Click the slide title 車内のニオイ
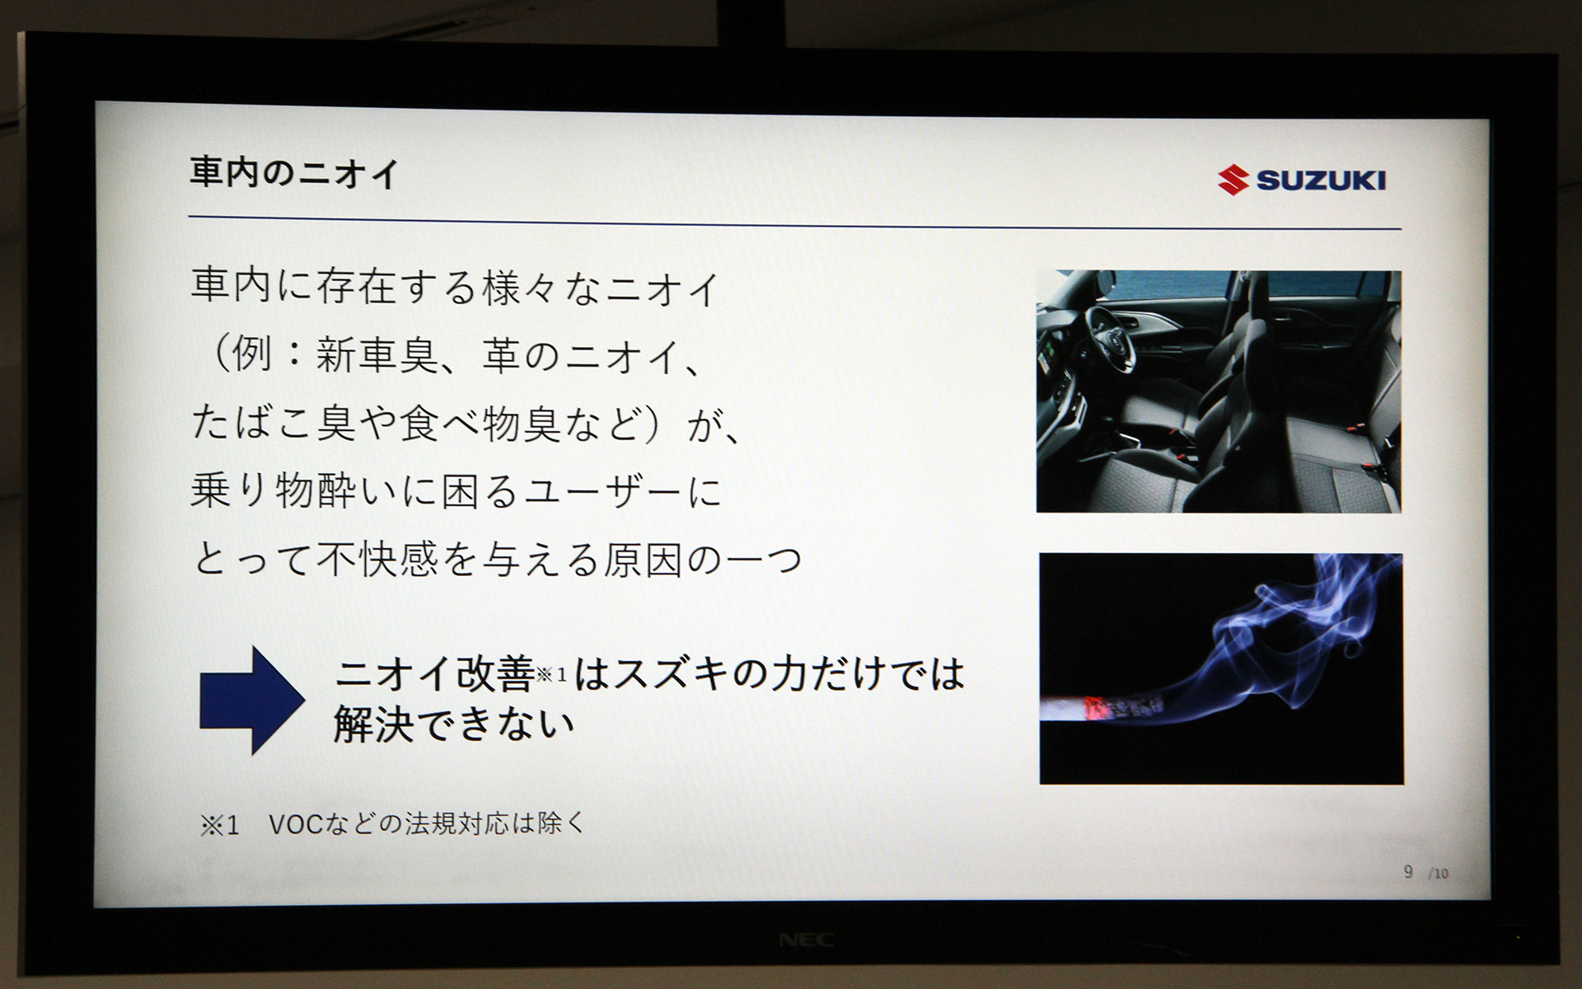coord(294,173)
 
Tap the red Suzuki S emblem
coord(1233,180)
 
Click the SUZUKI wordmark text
coord(1321,180)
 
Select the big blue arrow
coord(250,700)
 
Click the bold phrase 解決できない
coord(454,725)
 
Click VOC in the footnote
coord(296,824)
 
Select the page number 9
coord(1408,871)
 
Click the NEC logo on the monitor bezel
coord(806,940)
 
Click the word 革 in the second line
coord(502,356)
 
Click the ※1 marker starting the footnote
coord(219,825)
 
